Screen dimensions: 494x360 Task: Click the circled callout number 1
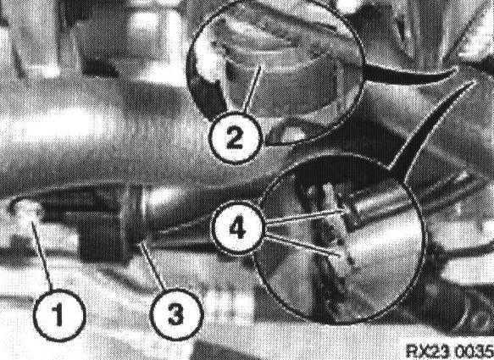(x=59, y=315)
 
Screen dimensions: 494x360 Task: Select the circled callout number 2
(x=235, y=138)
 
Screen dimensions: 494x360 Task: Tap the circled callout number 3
(x=176, y=314)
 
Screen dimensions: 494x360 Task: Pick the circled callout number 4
(x=237, y=228)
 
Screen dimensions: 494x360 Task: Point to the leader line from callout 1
(x=42, y=256)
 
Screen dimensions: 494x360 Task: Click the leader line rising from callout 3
(x=153, y=266)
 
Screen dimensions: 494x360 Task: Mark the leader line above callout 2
(x=253, y=89)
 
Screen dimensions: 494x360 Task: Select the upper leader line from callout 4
(x=306, y=217)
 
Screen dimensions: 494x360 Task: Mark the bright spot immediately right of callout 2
(x=291, y=134)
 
